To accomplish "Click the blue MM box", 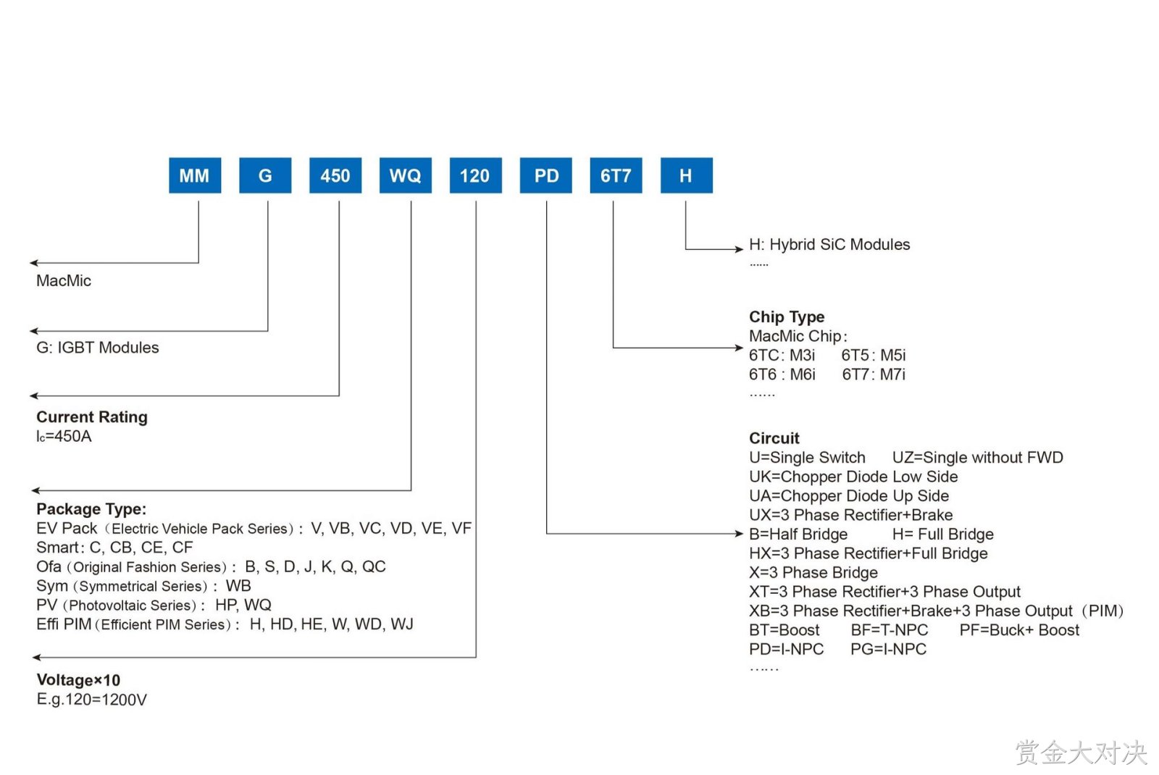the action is click(x=195, y=175).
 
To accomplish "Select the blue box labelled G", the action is click(x=265, y=175).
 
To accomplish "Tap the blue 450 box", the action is click(x=335, y=175).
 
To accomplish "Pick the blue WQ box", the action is click(x=405, y=175).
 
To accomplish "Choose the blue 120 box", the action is click(x=475, y=175).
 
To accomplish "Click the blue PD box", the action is click(x=546, y=175).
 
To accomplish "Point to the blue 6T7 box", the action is click(x=616, y=175).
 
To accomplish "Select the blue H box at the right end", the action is click(x=686, y=175).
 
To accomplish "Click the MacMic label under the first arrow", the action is click(x=64, y=281).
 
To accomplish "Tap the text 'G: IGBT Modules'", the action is click(x=97, y=348).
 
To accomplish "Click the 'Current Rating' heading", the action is click(x=91, y=417).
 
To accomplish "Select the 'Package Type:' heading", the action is click(x=91, y=510).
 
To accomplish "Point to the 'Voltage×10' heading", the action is click(x=78, y=680).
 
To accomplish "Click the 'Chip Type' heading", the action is click(x=787, y=317).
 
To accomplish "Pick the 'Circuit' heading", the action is click(x=774, y=438).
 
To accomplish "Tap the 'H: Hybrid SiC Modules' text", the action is click(x=829, y=244).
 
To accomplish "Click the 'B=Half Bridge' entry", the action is click(x=798, y=534).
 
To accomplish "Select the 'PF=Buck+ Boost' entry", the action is click(x=1019, y=629).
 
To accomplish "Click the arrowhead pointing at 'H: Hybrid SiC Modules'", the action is click(x=740, y=249).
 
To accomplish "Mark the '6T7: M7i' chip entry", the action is click(x=874, y=374).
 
